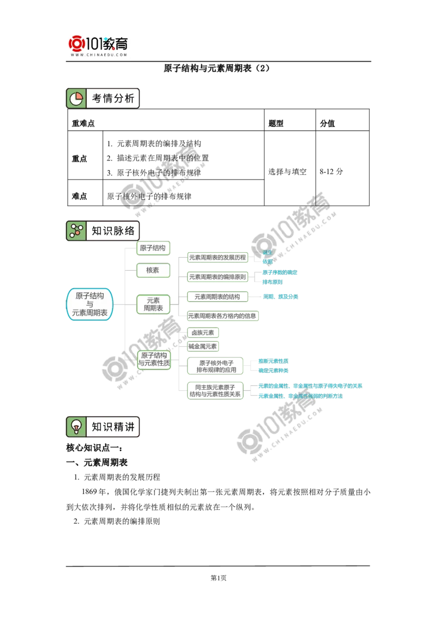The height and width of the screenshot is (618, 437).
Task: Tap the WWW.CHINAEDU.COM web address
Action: point(98,55)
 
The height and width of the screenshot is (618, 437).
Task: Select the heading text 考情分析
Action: point(113,98)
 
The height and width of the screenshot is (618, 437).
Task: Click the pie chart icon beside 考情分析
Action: point(76,98)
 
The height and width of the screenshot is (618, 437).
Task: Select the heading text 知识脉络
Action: point(113,230)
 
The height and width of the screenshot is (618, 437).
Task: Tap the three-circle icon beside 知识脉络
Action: point(76,230)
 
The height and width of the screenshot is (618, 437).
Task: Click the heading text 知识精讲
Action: point(113,426)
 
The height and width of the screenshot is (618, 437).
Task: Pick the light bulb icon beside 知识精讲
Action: point(76,426)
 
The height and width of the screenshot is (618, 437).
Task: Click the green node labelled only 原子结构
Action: point(152,248)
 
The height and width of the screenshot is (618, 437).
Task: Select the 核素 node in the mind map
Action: point(152,270)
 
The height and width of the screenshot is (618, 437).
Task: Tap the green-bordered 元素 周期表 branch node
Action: point(152,304)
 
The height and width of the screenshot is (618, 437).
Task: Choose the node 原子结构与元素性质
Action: point(153,359)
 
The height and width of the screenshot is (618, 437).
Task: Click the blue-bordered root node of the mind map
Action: point(90,304)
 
